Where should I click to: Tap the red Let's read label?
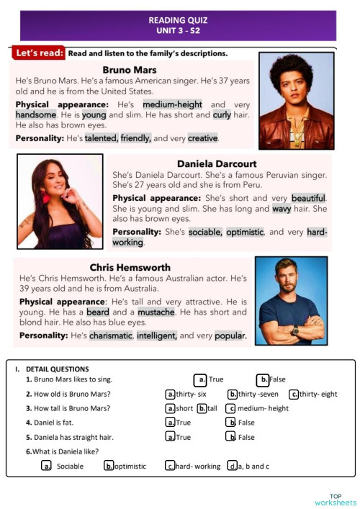[38, 53]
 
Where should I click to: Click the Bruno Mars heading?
[130, 70]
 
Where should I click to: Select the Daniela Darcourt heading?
[217, 163]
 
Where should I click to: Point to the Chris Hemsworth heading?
[130, 267]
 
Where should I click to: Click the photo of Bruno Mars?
[297, 100]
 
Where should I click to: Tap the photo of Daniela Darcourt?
[60, 202]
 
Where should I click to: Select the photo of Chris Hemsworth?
[291, 301]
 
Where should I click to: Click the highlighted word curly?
[222, 114]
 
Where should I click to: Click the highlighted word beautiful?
[308, 198]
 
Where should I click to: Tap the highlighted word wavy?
[282, 209]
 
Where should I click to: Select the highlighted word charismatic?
[110, 335]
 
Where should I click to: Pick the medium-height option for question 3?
[231, 408]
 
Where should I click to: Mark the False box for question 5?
[231, 437]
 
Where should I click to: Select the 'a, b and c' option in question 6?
[233, 467]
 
